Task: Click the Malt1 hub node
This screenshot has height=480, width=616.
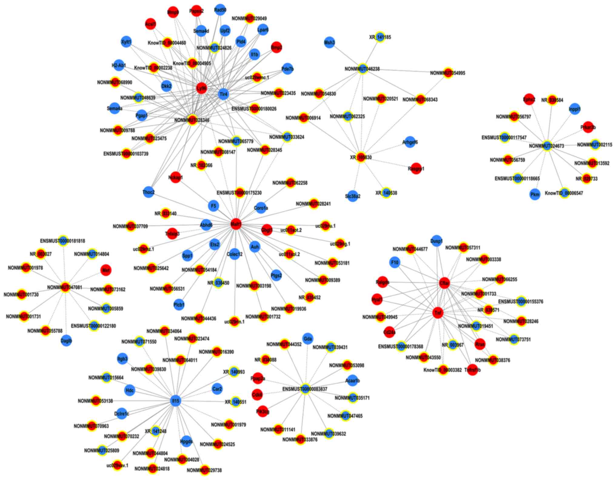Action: [x=236, y=224]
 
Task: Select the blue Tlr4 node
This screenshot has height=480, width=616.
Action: [x=223, y=94]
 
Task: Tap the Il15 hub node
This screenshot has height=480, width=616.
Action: [x=176, y=401]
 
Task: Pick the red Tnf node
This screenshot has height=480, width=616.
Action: [x=438, y=313]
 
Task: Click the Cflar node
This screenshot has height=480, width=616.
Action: [x=444, y=283]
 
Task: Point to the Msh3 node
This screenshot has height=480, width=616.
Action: [x=330, y=42]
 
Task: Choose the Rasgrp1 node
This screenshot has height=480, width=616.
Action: [x=416, y=169]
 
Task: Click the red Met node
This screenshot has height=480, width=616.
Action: [x=106, y=270]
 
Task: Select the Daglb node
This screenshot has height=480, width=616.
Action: [x=66, y=341]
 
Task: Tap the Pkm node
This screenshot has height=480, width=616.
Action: [x=535, y=194]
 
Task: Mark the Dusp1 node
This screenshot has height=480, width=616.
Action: [x=437, y=241]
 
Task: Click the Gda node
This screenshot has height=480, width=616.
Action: [x=308, y=339]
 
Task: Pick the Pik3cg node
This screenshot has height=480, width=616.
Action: [x=263, y=411]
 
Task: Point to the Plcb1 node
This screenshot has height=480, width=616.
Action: [x=179, y=304]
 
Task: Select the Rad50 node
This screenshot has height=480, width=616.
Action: [x=220, y=10]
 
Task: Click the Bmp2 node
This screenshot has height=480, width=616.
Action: [x=276, y=47]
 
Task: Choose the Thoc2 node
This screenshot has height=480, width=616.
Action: [x=149, y=192]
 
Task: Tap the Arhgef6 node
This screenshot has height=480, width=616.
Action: [x=410, y=142]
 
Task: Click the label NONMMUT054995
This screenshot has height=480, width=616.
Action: [x=448, y=73]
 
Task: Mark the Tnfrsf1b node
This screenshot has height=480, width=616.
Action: [x=472, y=370]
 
